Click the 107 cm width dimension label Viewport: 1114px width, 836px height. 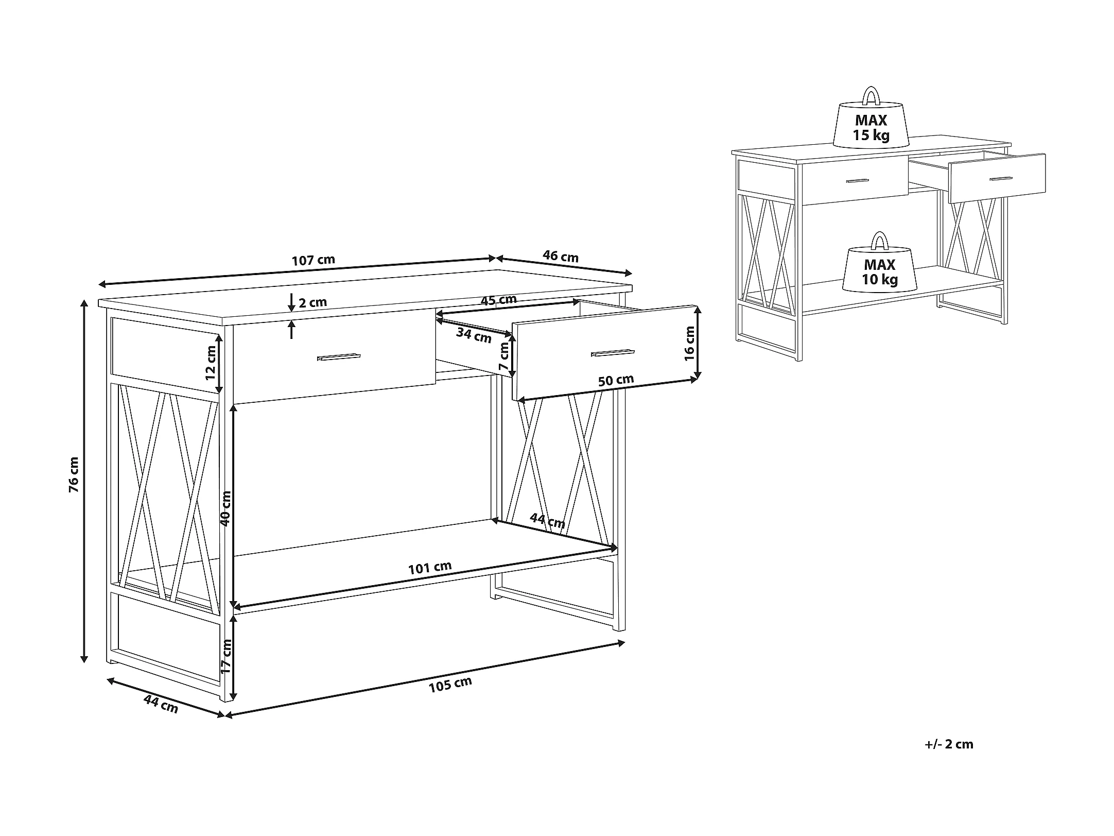pos(313,260)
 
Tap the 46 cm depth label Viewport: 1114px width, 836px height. pos(561,257)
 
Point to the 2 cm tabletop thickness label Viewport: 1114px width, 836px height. pos(313,302)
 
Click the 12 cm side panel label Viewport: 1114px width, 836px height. pos(211,363)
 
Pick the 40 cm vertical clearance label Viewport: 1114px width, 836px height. pos(226,508)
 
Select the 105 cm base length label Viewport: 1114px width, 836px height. pos(450,685)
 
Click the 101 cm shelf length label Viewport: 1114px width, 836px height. pos(430,568)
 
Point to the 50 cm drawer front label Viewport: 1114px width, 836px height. pos(616,381)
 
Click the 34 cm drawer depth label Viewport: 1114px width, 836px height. pos(474,335)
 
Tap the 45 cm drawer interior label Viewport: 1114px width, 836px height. pos(498,300)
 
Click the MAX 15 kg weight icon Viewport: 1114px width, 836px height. pos(871,118)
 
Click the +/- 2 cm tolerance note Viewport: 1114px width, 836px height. pos(949,744)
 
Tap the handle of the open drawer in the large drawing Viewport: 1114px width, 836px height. pos(613,352)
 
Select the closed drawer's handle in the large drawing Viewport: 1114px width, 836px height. pos(339,357)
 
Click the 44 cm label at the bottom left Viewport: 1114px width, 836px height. pos(161,704)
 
